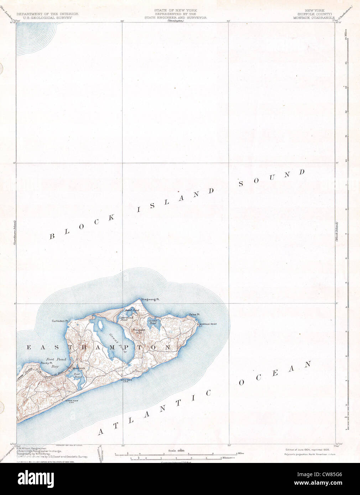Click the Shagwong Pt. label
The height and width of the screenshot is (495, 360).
[x=150, y=299]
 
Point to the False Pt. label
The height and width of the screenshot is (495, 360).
[x=194, y=314]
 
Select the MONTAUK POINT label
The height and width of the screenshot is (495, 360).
[x=208, y=324]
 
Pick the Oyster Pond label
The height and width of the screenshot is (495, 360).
[x=153, y=322]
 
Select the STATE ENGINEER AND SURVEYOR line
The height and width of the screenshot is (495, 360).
[x=175, y=17]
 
